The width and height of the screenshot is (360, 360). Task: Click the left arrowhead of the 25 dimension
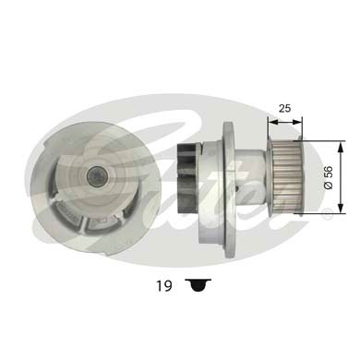pyautogui.click(x=270, y=119)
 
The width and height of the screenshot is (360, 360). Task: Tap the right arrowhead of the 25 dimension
pyautogui.click(x=298, y=119)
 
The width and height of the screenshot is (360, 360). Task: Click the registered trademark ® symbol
pyautogui.click(x=327, y=213)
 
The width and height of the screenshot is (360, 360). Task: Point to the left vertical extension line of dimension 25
pyautogui.click(x=266, y=129)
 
